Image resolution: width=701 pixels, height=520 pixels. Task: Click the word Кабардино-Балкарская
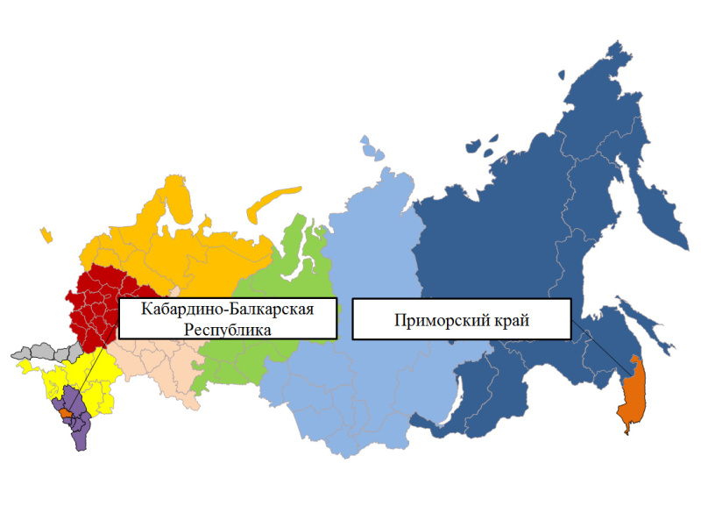227,310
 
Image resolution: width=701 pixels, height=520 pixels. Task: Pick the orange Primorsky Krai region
632,395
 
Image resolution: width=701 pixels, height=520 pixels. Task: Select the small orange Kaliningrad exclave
45,235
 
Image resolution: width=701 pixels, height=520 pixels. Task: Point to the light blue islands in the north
372,148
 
